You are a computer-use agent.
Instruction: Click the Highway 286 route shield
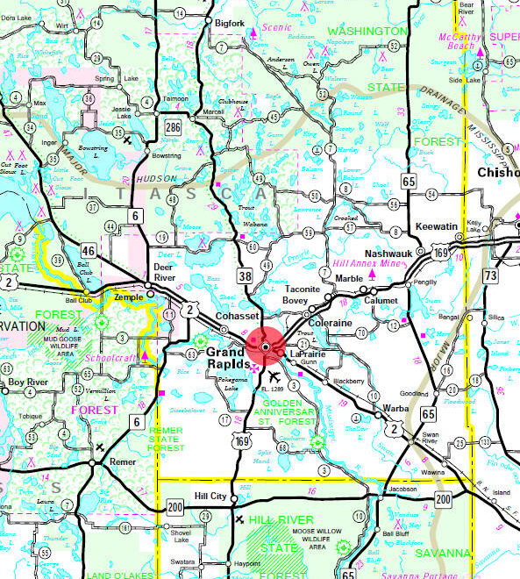(174, 127)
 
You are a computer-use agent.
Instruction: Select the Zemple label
(128, 299)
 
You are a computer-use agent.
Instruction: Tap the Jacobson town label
(399, 489)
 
